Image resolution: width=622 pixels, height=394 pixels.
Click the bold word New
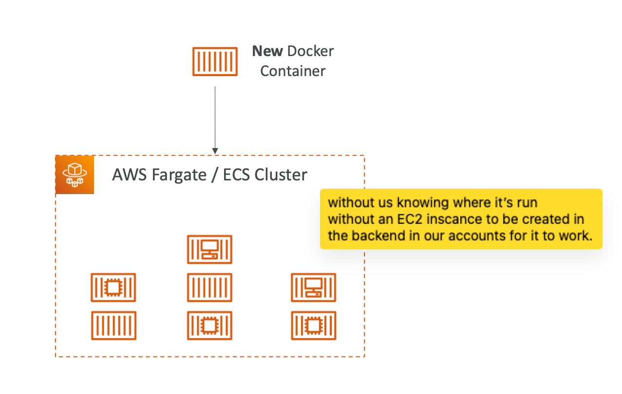(267, 51)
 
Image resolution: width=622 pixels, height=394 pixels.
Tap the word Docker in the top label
(311, 51)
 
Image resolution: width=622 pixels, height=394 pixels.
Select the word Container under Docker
(293, 71)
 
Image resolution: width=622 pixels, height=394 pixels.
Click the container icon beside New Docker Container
(215, 61)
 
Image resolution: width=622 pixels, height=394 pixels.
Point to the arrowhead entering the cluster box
(215, 151)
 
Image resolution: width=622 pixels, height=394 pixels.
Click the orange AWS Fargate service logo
(75, 175)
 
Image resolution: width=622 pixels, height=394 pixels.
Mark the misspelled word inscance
(441, 219)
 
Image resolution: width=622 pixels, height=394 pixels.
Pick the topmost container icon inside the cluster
(209, 249)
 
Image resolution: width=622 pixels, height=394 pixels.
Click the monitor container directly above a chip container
(313, 287)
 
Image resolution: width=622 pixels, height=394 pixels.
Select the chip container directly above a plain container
(113, 287)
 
